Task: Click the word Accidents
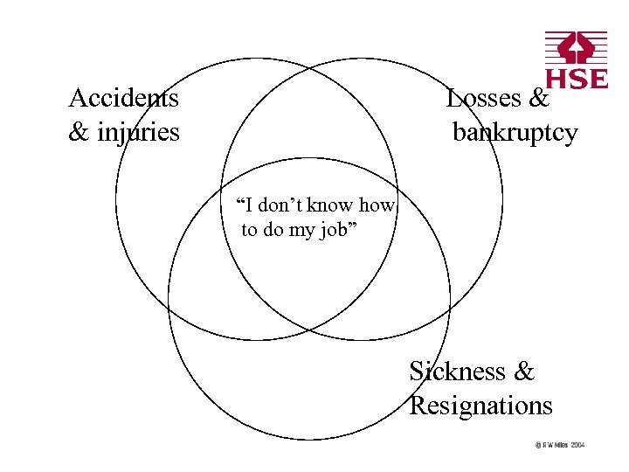(x=124, y=98)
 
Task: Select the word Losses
(x=483, y=98)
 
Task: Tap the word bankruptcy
(x=515, y=133)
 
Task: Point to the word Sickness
(x=457, y=371)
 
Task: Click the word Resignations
(x=481, y=406)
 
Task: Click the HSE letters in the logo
(x=577, y=79)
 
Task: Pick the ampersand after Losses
(x=539, y=98)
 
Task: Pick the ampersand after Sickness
(x=523, y=371)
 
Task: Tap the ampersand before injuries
(x=79, y=133)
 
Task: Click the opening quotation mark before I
(x=240, y=203)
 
